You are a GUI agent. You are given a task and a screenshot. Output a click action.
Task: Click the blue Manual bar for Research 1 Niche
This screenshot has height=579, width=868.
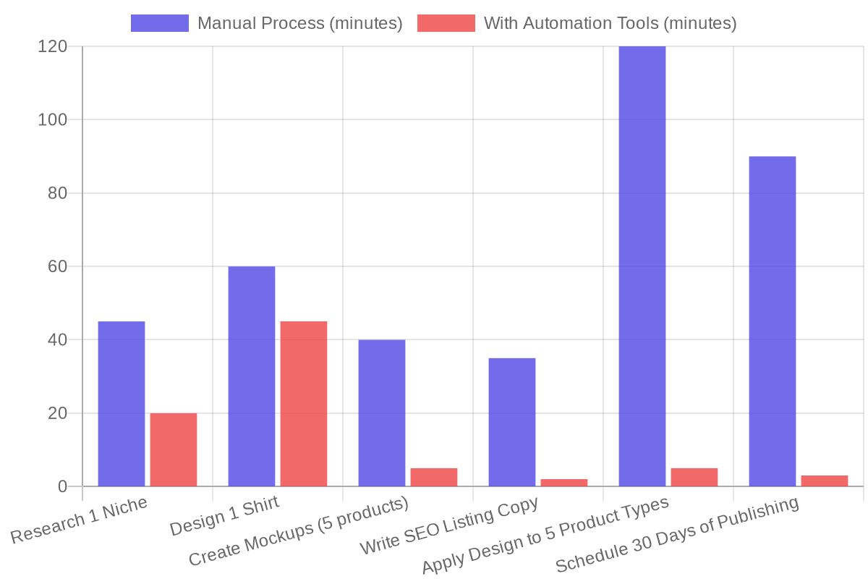(x=122, y=404)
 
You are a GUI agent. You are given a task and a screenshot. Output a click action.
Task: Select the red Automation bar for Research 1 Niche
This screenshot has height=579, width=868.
(x=174, y=449)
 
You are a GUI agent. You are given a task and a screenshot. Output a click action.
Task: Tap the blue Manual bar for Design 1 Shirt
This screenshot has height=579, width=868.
(x=252, y=376)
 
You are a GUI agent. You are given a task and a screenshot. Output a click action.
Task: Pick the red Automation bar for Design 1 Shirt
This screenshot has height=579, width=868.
(x=304, y=404)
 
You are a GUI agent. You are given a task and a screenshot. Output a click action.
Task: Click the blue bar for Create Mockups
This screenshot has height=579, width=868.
(x=382, y=413)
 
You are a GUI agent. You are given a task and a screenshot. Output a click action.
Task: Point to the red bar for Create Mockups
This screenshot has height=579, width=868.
(x=434, y=478)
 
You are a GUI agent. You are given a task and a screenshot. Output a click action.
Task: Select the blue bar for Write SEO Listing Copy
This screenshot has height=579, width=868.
(x=512, y=422)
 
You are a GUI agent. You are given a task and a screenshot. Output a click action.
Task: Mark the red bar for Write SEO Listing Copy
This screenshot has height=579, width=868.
(x=564, y=483)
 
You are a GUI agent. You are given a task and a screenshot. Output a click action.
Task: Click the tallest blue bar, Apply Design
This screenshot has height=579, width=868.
(x=642, y=266)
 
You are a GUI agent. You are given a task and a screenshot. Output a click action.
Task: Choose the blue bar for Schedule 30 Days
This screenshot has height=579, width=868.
(x=773, y=321)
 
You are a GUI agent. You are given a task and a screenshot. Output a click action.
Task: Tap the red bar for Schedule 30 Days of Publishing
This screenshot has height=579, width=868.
(x=825, y=481)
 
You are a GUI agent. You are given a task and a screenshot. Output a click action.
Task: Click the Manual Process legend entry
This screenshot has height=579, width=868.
(x=266, y=23)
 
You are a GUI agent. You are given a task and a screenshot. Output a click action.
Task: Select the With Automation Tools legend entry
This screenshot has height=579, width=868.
(x=577, y=23)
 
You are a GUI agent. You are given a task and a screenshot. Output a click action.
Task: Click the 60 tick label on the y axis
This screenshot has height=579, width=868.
(x=57, y=266)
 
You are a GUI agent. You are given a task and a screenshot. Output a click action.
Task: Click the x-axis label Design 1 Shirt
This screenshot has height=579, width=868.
(x=224, y=517)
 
